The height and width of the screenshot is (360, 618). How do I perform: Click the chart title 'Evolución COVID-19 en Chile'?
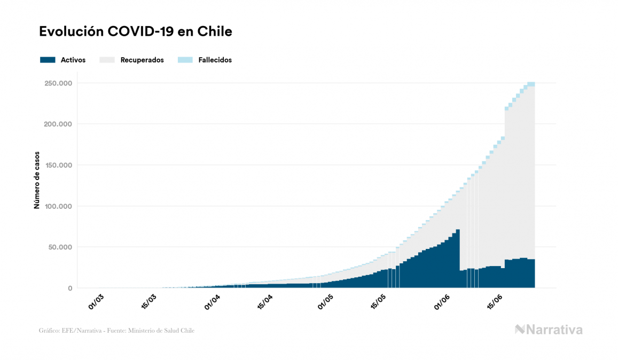click(136, 32)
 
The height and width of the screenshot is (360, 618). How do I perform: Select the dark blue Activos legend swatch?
click(48, 60)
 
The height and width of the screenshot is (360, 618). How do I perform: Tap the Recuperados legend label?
click(142, 60)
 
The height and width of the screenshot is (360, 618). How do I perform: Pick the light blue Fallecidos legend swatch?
click(185, 60)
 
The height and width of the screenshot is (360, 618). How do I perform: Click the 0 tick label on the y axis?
click(69, 288)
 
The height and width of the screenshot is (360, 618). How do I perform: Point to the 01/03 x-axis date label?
click(96, 301)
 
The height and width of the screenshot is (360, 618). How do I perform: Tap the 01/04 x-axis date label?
click(212, 301)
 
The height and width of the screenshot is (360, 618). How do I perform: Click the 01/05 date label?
click(325, 301)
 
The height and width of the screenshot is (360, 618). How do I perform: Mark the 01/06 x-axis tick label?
click(442, 301)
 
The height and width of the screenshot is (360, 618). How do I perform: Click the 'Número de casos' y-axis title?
click(37, 185)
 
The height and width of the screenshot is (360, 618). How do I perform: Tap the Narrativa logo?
click(549, 330)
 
